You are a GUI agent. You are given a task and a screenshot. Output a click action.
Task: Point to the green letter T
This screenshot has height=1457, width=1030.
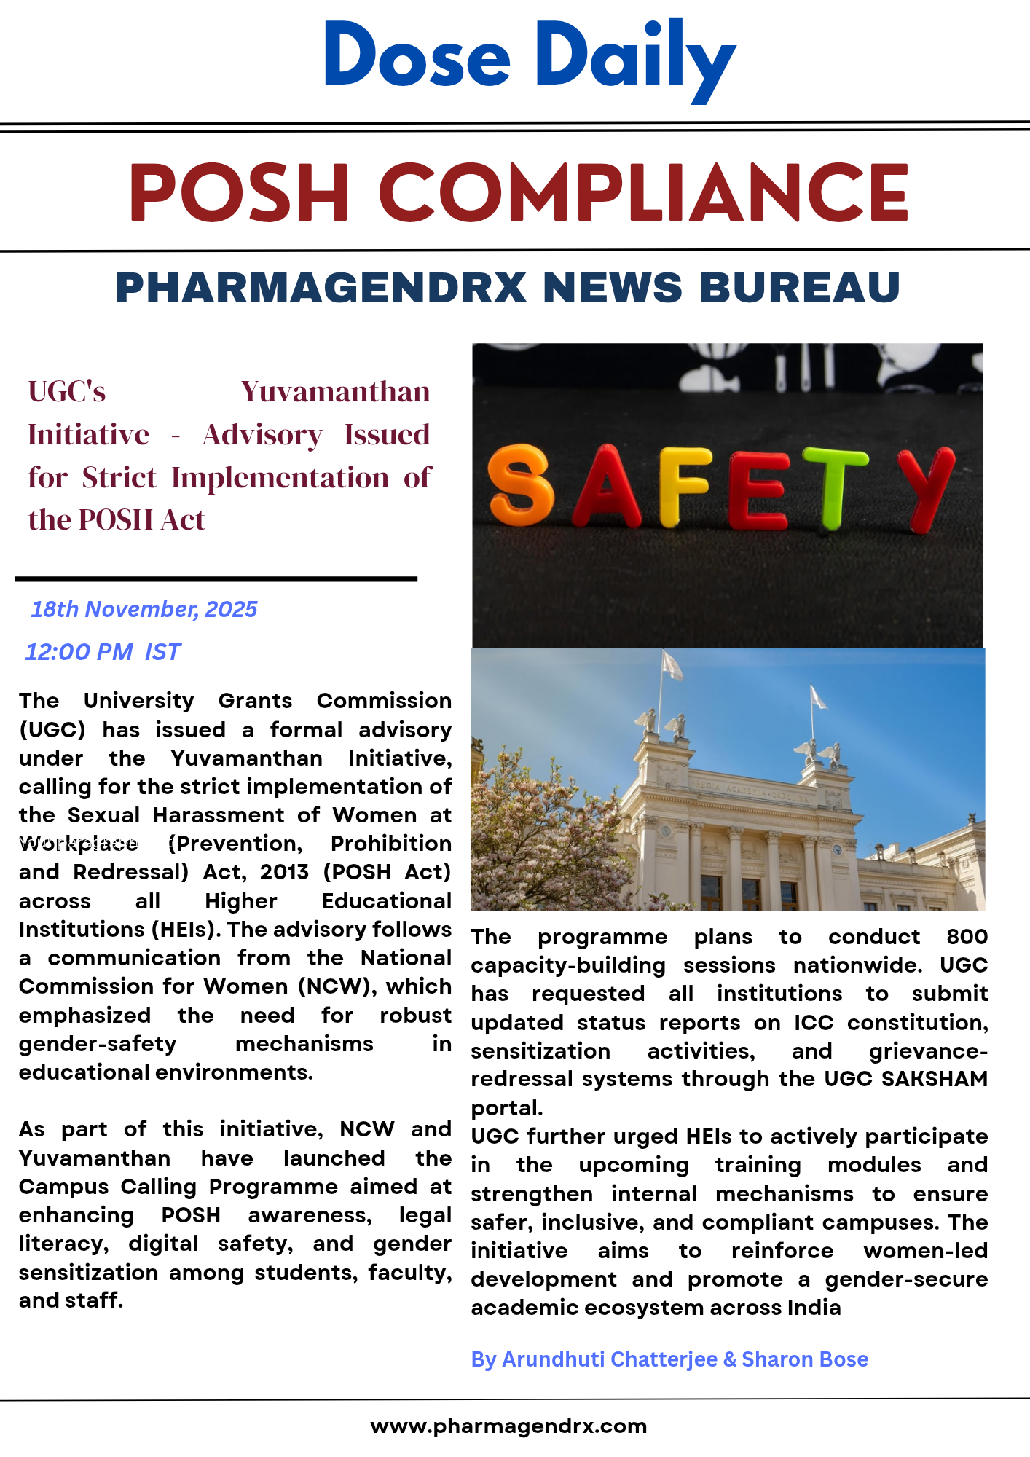[835, 487]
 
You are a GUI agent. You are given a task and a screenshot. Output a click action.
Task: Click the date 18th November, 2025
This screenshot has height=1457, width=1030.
[144, 609]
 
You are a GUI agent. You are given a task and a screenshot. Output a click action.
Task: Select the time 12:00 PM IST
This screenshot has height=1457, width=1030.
[103, 651]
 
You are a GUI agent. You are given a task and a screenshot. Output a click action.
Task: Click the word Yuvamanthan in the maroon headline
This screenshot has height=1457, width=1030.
[335, 392]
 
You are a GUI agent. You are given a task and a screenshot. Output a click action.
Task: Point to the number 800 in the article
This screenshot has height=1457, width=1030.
[967, 936]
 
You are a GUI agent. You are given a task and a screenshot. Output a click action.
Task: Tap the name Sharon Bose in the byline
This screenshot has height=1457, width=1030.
[805, 1359]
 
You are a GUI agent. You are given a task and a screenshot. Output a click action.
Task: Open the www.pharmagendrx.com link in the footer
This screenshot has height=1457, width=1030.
[508, 1426]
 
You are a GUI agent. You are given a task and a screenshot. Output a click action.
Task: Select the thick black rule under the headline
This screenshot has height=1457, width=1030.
[216, 579]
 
